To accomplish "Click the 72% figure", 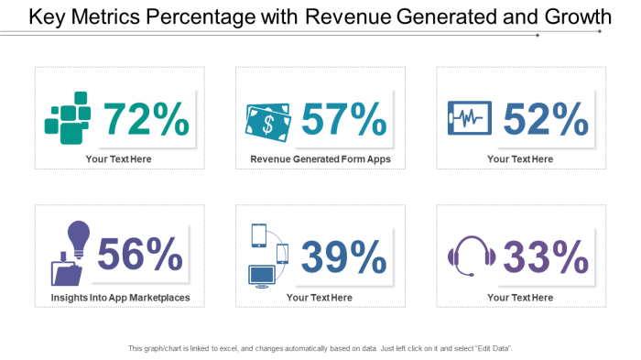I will pyautogui.click(x=147, y=119).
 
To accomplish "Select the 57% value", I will pyautogui.click(x=344, y=119).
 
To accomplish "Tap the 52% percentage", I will pyautogui.click(x=546, y=119).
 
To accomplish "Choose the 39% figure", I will pyautogui.click(x=344, y=256).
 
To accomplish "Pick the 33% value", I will pyautogui.click(x=546, y=256).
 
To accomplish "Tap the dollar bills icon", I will pyautogui.click(x=267, y=120).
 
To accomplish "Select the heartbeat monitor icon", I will pyautogui.click(x=469, y=118).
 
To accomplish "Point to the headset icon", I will pyautogui.click(x=470, y=256).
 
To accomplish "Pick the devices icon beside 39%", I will pyautogui.click(x=267, y=256).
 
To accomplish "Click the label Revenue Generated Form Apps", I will pyautogui.click(x=320, y=159).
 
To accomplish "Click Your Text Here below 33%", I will pyautogui.click(x=520, y=298).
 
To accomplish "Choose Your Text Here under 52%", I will pyautogui.click(x=520, y=159).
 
